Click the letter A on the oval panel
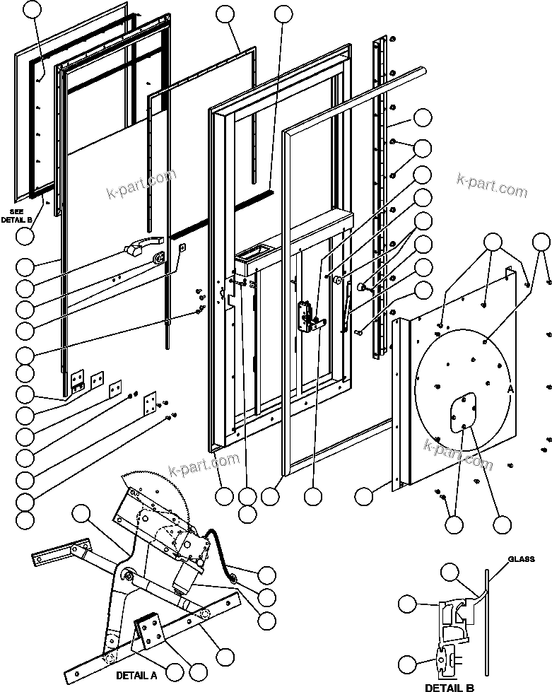(510, 388)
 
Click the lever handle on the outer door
(142, 248)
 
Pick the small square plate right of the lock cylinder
(182, 247)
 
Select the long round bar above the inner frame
(353, 95)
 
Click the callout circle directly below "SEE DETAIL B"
(25, 237)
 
